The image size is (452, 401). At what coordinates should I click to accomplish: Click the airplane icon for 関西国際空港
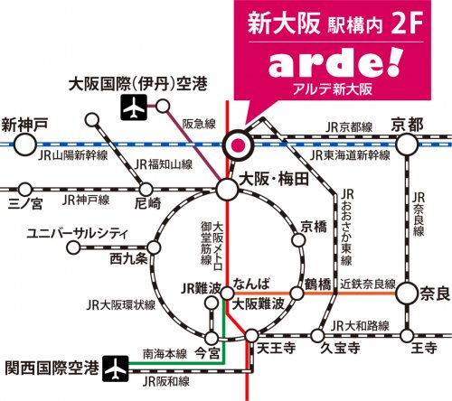coord(115,369)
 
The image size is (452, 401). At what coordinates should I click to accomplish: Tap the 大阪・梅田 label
coord(271,180)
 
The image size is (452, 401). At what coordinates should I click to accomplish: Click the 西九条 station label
coord(127,260)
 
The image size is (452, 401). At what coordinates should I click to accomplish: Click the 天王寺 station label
coord(272,347)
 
